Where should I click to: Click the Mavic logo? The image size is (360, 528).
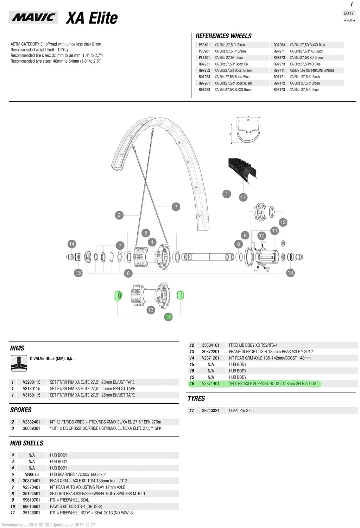point(33,17)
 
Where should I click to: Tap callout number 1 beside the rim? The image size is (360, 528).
point(227,194)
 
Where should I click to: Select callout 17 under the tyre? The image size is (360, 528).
point(243,197)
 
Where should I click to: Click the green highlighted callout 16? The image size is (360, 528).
point(168,317)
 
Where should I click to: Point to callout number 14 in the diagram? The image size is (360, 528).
point(72,244)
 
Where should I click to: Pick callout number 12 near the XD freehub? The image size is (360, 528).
point(283,222)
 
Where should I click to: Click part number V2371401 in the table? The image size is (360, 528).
point(210,384)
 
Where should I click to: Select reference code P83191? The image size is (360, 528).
point(204,45)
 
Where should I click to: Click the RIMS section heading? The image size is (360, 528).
point(17,348)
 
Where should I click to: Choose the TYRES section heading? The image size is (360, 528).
point(196,398)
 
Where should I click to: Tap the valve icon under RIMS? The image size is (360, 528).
point(19,363)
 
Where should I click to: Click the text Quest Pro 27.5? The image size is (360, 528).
point(241,410)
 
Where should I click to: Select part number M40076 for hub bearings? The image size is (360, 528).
point(32,474)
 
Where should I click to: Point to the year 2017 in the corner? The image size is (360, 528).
point(348,13)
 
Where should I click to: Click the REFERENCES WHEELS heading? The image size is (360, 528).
point(223,36)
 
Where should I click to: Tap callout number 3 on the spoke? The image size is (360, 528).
point(176,207)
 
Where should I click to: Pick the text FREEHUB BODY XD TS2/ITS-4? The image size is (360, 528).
point(253,345)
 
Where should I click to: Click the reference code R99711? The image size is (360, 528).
point(279,70)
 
